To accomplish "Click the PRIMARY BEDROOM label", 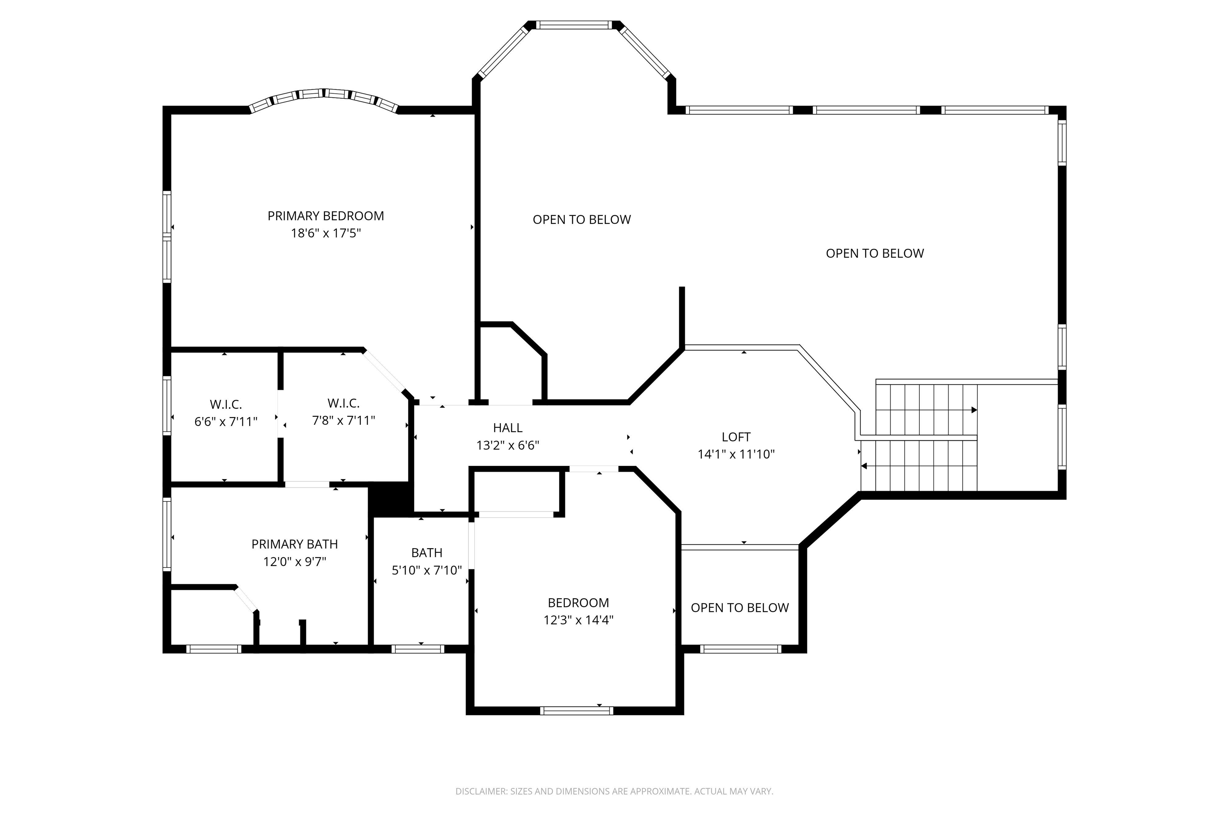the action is (326, 216).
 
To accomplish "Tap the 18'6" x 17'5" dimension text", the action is (326, 233).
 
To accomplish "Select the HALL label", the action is (507, 428).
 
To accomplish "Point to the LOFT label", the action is (736, 437).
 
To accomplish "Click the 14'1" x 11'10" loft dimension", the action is (736, 454).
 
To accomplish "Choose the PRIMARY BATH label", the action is (295, 544).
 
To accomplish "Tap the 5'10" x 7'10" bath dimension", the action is (426, 570).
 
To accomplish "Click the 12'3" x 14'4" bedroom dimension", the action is (578, 620).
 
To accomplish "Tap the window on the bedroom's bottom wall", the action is (576, 710).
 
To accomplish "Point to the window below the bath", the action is (418, 649).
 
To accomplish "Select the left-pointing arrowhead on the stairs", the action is (864, 466).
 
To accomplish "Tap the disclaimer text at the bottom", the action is (614, 791).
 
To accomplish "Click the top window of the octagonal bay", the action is (573, 25).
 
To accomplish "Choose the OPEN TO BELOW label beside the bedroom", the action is (739, 607).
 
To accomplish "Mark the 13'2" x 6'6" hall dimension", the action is (507, 445).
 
